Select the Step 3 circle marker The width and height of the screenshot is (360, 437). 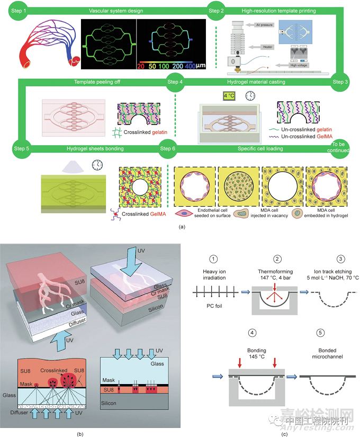point(340,82)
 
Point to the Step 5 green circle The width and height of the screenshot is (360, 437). point(19,149)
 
